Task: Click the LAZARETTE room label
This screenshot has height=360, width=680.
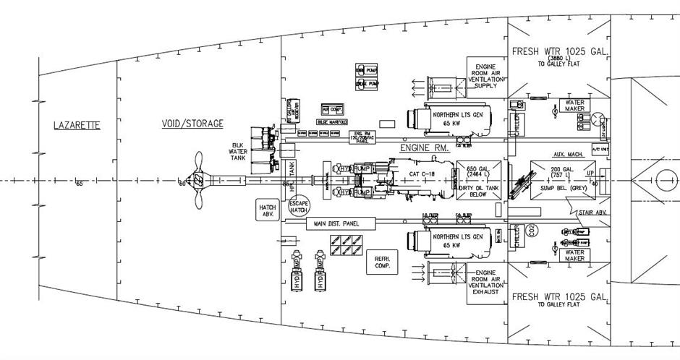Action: point(77,126)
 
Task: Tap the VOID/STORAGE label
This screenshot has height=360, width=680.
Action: point(192,124)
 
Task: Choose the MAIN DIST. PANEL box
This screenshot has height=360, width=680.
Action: point(333,224)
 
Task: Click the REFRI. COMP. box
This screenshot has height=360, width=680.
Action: point(382,262)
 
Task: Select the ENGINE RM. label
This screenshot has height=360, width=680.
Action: point(425,147)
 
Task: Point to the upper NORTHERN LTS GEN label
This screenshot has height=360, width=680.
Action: point(457,116)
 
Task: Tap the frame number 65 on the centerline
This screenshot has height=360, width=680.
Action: point(80,184)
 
